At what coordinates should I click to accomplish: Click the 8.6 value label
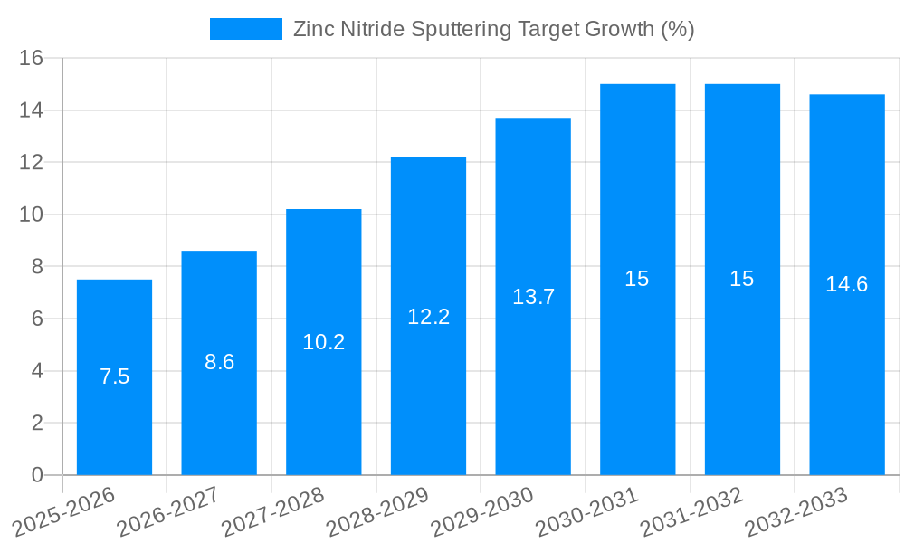click(219, 362)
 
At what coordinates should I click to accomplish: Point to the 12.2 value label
click(428, 317)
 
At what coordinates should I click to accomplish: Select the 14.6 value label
click(847, 284)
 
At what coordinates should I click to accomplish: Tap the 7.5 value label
click(114, 376)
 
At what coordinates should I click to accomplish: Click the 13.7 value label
click(533, 297)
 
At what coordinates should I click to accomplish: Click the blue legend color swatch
click(245, 29)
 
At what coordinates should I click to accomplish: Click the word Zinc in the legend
click(311, 29)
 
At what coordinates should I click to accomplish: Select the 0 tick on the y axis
click(37, 475)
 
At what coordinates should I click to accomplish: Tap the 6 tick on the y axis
click(37, 319)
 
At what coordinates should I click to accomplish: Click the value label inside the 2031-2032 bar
click(742, 279)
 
